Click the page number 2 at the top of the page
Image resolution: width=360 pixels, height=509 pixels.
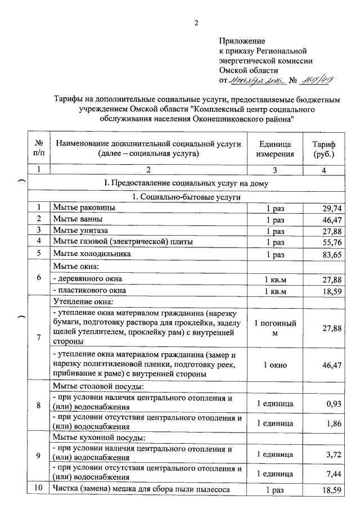tap(196, 23)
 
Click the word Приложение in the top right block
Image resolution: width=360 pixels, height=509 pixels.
tap(242, 41)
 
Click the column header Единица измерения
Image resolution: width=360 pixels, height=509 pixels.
tap(274, 148)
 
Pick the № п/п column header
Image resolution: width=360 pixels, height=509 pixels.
tap(39, 148)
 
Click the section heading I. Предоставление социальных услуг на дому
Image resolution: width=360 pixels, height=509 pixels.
tap(186, 183)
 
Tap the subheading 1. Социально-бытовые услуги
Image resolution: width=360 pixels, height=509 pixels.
tap(186, 197)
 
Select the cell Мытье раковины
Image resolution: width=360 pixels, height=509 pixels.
tap(84, 208)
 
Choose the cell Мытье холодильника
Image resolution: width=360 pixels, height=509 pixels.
tap(92, 254)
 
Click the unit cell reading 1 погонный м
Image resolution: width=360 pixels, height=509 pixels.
tap(275, 328)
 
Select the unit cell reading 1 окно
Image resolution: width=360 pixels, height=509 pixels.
tap(275, 365)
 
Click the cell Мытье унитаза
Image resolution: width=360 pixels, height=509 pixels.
tap(81, 231)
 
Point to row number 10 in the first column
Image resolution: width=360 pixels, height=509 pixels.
tap(39, 489)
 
